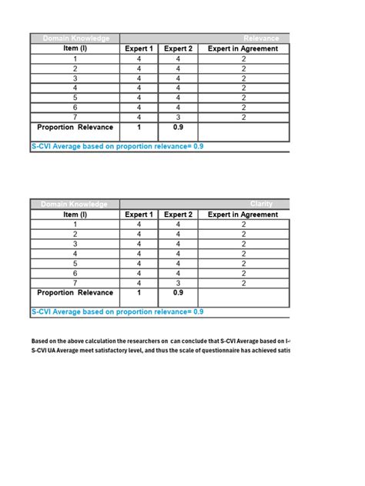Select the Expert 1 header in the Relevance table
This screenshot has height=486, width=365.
point(139,49)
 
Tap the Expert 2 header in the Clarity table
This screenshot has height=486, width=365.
point(179,215)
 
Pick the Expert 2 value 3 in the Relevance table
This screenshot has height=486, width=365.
point(179,117)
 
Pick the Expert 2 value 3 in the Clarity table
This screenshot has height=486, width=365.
point(179,283)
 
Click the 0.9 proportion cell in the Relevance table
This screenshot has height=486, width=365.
point(179,128)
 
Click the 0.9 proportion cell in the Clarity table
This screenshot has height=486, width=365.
point(179,293)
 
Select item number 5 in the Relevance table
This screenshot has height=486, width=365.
point(75,98)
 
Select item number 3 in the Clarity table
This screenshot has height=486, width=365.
point(75,244)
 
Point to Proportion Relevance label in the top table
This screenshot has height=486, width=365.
point(75,128)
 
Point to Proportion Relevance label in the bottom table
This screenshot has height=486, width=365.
point(75,293)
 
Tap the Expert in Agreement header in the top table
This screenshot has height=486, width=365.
point(243,49)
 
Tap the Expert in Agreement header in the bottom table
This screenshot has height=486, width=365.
point(243,215)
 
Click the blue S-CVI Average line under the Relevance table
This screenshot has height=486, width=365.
point(117,146)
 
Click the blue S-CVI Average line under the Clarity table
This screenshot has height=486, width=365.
point(117,312)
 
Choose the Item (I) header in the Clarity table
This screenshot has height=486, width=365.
point(75,215)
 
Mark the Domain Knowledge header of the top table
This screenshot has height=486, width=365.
point(75,38)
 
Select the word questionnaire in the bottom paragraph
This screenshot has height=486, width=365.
point(207,351)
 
